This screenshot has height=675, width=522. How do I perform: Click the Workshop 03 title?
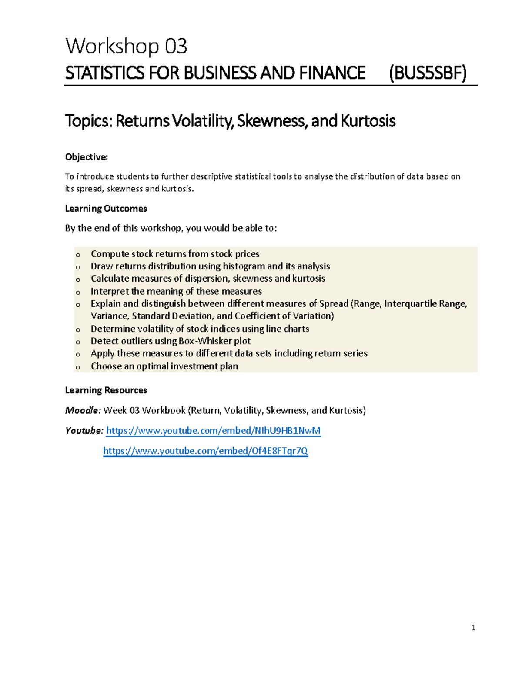pos(126,47)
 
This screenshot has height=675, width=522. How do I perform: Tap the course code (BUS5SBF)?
pos(428,73)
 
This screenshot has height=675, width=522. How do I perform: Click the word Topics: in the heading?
pos(89,121)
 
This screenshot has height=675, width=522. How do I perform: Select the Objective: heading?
pos(86,157)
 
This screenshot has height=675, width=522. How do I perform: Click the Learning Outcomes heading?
pos(106,209)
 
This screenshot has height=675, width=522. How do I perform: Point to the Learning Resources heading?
pos(106,390)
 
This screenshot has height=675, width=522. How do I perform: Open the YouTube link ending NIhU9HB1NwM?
pos(213,431)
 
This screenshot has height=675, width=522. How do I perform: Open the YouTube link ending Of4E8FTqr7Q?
pos(205,451)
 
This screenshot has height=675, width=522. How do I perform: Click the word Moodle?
pos(83,410)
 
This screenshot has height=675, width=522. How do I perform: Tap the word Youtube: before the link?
pos(84,431)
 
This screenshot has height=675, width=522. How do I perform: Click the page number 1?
pos(473,628)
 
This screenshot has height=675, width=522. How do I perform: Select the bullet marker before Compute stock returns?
pos(78,255)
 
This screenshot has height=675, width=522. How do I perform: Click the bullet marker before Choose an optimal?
pos(78,367)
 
